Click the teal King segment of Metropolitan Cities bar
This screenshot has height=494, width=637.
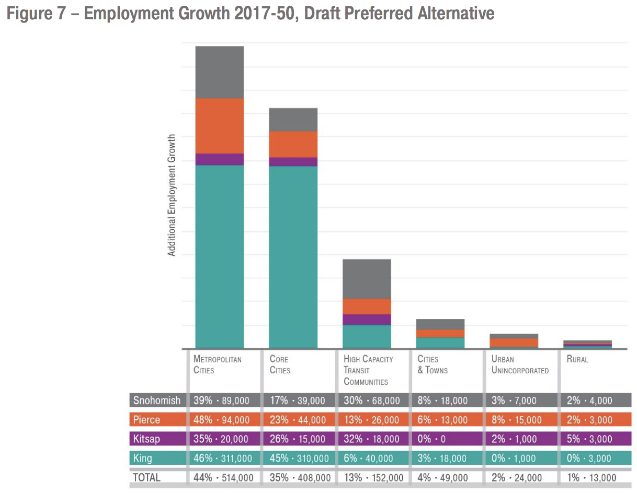point(219,256)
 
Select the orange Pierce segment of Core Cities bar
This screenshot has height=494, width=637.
point(293,144)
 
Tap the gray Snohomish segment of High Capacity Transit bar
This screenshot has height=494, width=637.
point(367,279)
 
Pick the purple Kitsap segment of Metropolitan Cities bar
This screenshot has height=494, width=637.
point(219,159)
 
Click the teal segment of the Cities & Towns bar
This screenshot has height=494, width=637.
point(440,343)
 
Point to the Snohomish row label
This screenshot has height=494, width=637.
point(156,401)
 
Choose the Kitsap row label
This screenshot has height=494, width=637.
point(146,439)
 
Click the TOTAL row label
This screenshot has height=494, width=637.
point(147,477)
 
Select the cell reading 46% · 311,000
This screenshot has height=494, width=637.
point(223,458)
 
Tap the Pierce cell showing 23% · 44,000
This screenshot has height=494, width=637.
point(298,420)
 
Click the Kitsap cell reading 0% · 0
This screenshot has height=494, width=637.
point(431,439)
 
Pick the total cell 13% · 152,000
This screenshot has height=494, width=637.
point(373,477)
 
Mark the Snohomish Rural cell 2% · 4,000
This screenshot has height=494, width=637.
point(589,401)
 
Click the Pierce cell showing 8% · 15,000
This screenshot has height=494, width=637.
point(514,420)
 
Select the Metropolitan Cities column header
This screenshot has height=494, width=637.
point(217,364)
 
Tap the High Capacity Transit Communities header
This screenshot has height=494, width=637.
point(368,370)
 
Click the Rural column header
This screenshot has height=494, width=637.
point(577,359)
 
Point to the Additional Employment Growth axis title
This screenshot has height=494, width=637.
point(172,195)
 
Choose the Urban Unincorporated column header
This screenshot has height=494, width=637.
point(520,364)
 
